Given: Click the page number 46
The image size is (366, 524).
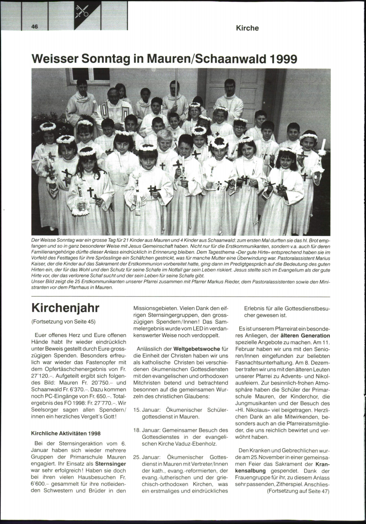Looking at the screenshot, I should coord(34,27).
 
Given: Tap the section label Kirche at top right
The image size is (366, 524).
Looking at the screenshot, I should coord(247,28).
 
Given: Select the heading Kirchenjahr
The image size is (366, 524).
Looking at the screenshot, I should coord(65,308).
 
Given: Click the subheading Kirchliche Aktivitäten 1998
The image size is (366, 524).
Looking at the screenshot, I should coord(66,433).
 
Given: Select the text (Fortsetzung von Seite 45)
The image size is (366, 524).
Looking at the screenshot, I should coord(63,321).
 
